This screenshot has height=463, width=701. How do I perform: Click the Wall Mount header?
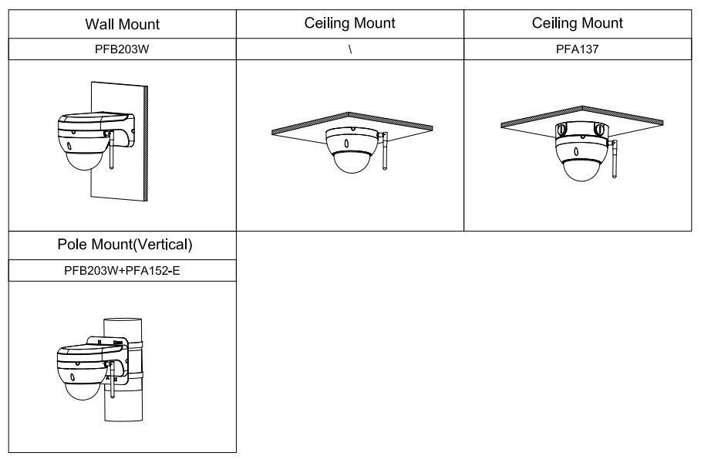pos(122,24)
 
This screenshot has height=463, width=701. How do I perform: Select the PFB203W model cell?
pos(122,49)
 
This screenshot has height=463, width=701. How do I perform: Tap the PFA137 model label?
pos(577,49)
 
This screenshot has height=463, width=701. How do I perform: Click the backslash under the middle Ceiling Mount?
pos(350,49)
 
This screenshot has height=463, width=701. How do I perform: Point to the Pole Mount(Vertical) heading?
pos(125,245)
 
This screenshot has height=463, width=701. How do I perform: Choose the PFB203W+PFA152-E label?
pos(122,271)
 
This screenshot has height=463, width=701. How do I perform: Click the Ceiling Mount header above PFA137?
pos(577,23)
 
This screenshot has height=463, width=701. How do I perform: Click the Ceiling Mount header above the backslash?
pos(349,23)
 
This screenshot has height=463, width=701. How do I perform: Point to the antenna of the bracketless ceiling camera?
pos(383,150)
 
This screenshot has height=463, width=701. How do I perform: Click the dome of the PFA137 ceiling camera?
pos(582,170)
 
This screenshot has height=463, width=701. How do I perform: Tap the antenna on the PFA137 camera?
pos(614,159)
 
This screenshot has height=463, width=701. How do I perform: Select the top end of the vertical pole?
pos(123,321)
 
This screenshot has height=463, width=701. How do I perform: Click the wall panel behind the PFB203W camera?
pos(120,141)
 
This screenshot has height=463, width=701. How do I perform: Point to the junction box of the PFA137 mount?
pos(581,129)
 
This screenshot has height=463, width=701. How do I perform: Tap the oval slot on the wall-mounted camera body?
pos(69,146)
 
